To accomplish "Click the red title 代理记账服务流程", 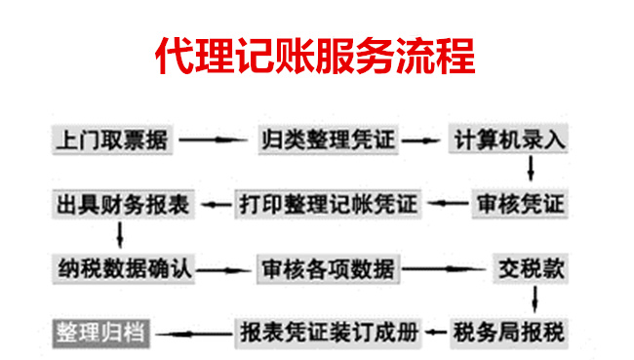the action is [x=316, y=58].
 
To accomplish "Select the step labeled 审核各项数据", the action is [x=328, y=266].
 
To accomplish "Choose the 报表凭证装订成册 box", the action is [x=328, y=331].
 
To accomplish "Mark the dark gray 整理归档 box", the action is [x=99, y=331].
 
